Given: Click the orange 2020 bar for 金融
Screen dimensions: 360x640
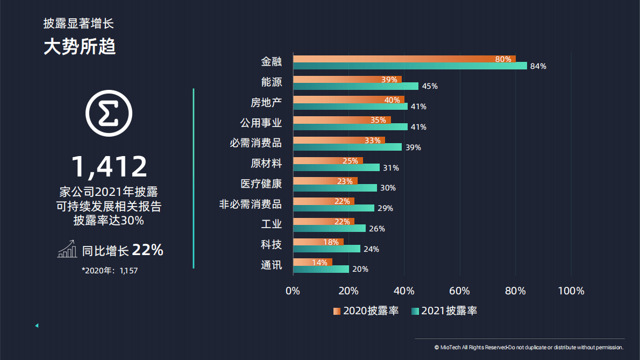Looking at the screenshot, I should click(403, 59).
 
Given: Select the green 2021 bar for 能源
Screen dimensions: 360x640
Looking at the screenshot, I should click(355, 86).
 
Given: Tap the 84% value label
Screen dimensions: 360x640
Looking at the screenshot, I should click(538, 66).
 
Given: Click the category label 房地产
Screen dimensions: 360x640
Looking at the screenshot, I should click(266, 102).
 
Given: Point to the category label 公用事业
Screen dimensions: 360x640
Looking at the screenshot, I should click(261, 123).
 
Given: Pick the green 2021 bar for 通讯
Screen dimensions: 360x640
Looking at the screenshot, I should click(321, 269).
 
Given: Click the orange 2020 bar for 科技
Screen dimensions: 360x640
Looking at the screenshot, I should click(318, 242).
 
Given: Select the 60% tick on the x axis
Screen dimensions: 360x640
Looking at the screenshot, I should click(459, 291).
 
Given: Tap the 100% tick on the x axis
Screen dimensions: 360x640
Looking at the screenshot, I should click(571, 291).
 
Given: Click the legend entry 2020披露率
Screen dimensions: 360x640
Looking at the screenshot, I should click(366, 310).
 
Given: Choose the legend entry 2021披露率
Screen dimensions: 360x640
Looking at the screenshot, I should click(444, 310).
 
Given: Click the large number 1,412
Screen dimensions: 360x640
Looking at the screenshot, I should click(109, 166).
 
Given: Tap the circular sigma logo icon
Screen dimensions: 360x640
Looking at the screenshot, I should click(109, 114).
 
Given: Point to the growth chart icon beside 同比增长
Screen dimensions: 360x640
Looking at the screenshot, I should click(67, 250).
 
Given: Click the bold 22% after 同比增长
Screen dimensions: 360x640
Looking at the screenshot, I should click(147, 250).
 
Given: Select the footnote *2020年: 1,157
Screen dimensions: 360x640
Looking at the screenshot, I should click(110, 271).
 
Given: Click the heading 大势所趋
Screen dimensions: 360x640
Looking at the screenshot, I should click(80, 47).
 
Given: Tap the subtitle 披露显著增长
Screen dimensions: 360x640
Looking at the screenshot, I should click(79, 23).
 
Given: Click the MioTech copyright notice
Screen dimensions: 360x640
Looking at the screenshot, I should click(529, 348).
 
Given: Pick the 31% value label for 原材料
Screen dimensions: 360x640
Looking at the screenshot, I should click(390, 168).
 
